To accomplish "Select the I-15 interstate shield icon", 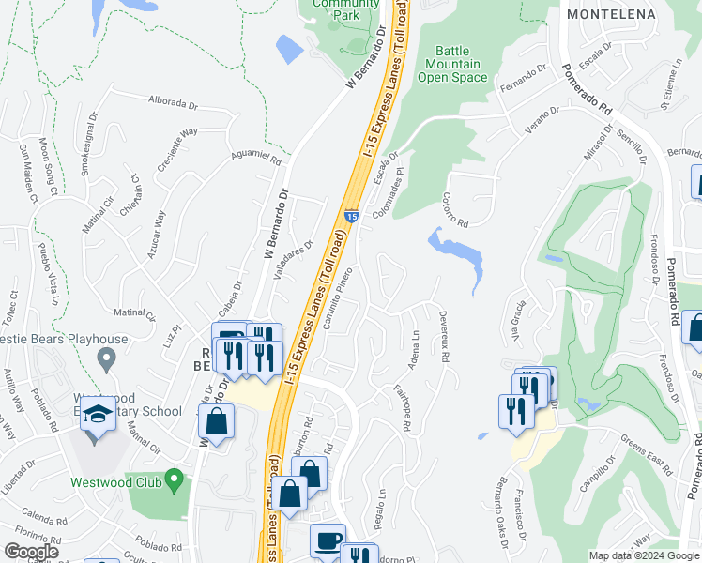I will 350,216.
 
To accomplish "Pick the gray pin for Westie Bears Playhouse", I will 106,358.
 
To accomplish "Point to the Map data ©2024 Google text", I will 644,555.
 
